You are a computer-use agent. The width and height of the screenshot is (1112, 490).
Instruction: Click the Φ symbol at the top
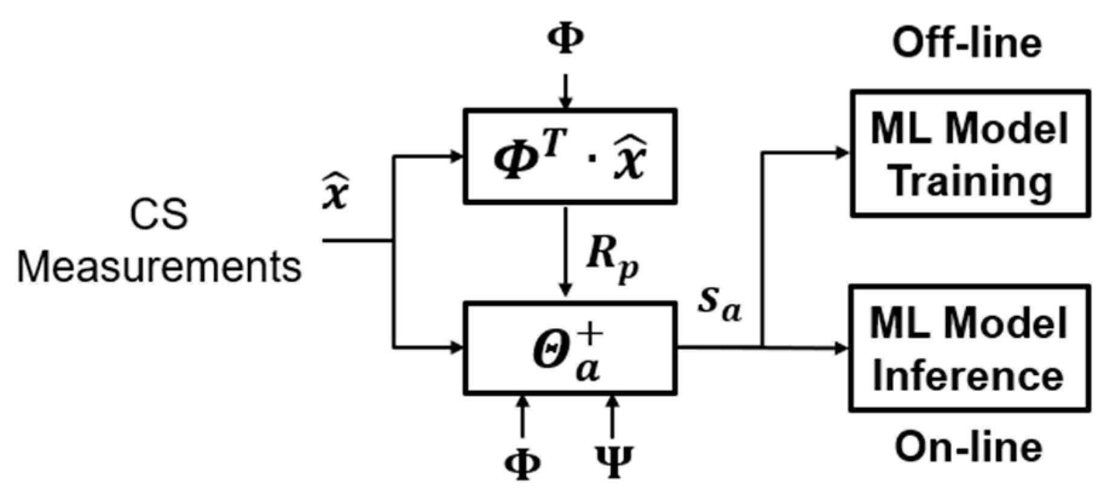tap(565, 40)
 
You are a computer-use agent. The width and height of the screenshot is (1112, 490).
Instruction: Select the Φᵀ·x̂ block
tap(569, 156)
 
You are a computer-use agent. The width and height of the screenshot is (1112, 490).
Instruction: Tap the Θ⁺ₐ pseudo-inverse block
tap(569, 348)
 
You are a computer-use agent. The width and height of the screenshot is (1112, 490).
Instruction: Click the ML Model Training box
tap(970, 153)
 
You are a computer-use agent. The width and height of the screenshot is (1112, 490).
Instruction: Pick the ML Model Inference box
tap(970, 348)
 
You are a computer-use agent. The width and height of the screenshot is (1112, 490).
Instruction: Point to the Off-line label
tap(967, 44)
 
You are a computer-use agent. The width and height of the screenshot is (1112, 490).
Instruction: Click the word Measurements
tap(159, 266)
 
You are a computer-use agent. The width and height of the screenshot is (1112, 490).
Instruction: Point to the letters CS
tap(159, 214)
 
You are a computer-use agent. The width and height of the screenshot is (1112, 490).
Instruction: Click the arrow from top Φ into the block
tap(565, 91)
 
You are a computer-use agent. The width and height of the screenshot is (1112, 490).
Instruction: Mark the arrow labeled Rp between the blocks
tap(565, 251)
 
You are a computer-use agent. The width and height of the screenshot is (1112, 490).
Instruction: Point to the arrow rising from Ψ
tap(613, 417)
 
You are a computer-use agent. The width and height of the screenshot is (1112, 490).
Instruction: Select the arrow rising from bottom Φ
tap(522, 417)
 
